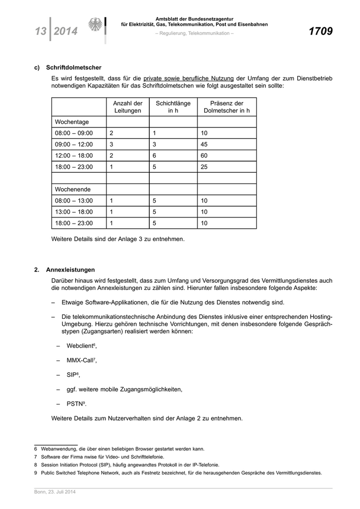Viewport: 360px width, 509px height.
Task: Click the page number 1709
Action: (320, 31)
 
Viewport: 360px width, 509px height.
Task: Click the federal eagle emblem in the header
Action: (96, 25)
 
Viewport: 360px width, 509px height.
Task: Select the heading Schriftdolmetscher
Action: (74, 67)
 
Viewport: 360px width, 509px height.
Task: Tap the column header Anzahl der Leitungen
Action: (127, 107)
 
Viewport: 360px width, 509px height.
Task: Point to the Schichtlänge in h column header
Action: (173, 107)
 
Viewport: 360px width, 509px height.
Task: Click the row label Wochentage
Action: (72, 122)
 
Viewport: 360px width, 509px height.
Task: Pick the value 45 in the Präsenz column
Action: (204, 144)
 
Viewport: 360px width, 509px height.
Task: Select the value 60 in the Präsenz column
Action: (204, 156)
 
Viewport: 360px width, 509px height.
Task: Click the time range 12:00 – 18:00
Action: (74, 156)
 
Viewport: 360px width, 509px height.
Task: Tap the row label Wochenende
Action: (73, 189)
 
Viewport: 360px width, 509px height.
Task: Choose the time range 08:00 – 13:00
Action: (74, 201)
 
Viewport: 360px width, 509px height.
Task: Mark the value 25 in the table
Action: (204, 167)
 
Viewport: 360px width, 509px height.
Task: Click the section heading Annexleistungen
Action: (70, 269)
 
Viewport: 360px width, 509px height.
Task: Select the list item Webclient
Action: (81, 346)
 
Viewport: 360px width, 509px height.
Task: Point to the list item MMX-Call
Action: (81, 360)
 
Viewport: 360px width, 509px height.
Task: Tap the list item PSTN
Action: (76, 404)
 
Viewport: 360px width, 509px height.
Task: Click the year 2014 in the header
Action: (65, 31)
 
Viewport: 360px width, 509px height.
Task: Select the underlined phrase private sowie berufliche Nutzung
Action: (188, 78)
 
